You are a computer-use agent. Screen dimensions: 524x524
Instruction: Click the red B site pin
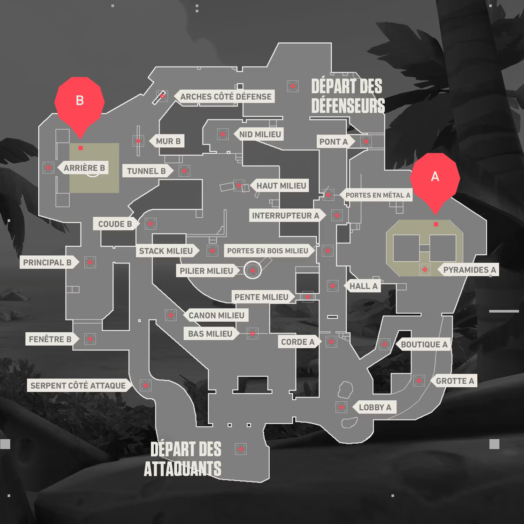pos(80,102)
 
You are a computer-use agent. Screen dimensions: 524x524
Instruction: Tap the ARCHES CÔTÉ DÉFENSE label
pos(225,97)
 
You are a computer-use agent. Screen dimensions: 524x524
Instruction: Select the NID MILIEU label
pos(260,134)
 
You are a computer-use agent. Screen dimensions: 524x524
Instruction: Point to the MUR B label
pos(168,141)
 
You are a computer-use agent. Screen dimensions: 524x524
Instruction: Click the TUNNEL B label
pos(146,171)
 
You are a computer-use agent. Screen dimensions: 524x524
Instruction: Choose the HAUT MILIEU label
pos(281,186)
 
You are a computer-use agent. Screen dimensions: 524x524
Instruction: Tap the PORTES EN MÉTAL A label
pos(378,195)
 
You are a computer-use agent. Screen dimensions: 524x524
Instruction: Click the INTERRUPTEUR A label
pos(285,216)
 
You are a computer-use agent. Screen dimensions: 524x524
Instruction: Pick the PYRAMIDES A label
pos(469,270)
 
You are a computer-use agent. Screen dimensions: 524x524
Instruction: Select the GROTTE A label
pos(455,381)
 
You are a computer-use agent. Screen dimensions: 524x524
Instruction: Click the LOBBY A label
pos(375,407)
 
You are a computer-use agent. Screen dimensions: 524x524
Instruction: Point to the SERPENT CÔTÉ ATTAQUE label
pos(78,385)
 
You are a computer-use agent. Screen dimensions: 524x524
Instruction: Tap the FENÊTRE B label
pos(50,339)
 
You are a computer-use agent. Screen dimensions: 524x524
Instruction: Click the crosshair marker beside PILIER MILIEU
pos(253,270)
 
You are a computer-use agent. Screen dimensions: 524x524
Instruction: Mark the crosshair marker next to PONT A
pos(366,141)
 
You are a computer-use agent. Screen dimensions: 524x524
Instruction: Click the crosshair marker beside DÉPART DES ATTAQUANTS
pos(241,449)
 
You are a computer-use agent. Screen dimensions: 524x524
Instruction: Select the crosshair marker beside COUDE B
pos(151,224)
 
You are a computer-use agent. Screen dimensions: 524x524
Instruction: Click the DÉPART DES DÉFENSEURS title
pos(348,96)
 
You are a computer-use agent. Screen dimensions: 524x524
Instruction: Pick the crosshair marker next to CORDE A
pos(331,341)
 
